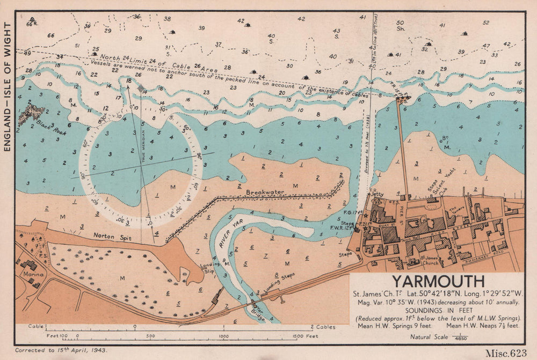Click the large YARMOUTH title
[x=437, y=281]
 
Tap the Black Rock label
[x=52, y=127]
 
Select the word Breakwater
[x=265, y=192]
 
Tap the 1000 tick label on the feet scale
[x=222, y=336]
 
